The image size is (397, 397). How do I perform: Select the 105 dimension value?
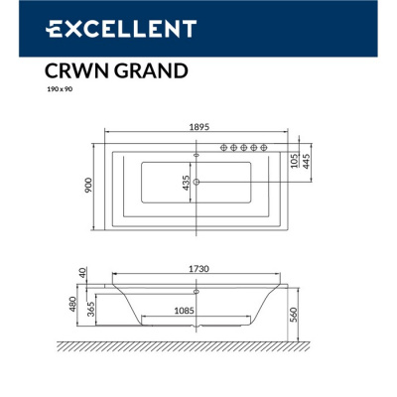[294, 159]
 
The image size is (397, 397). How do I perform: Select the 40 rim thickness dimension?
[86, 272]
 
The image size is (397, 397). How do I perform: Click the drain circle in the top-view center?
[197, 182]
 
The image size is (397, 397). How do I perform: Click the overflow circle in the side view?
[196, 293]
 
